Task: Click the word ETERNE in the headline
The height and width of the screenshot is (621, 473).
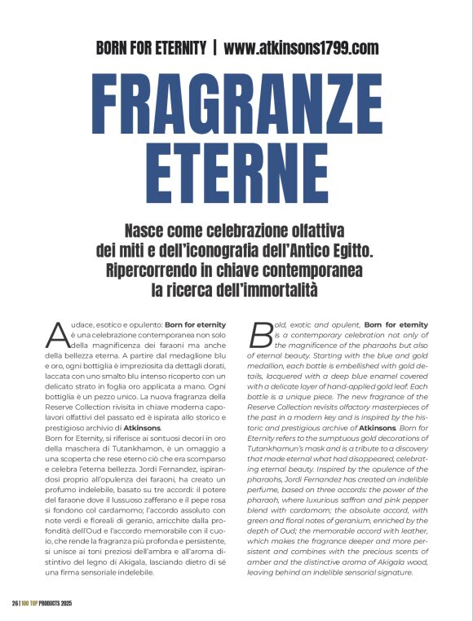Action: (x=236, y=170)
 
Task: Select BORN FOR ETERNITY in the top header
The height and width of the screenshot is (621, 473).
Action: (x=151, y=47)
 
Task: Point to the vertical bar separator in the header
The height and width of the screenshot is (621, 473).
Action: (x=214, y=47)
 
